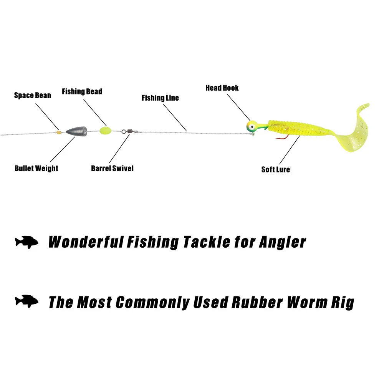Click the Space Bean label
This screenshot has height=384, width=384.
click(33, 95)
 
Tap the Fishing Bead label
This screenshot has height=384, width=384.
click(82, 91)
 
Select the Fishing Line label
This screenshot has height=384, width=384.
click(160, 98)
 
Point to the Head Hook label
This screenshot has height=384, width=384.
click(222, 88)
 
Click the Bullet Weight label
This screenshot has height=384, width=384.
click(36, 168)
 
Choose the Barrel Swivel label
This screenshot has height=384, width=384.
click(112, 168)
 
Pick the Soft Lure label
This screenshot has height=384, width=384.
click(276, 169)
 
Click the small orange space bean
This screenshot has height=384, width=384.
click(59, 132)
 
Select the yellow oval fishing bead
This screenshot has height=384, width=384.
click(104, 131)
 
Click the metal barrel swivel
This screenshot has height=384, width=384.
click(127, 131)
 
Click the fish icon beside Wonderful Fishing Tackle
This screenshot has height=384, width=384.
click(27, 242)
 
